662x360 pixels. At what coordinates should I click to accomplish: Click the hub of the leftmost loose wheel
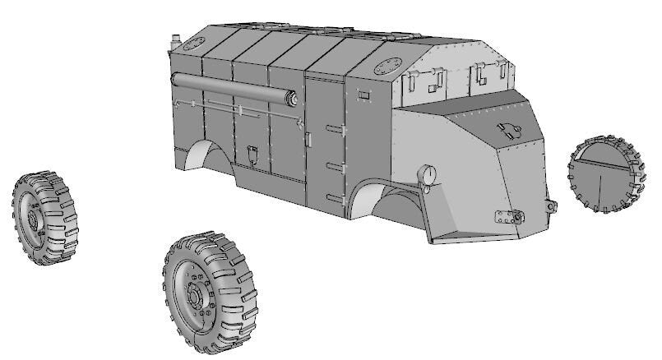(35, 219)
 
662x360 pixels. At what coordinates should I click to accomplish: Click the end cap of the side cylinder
(290, 99)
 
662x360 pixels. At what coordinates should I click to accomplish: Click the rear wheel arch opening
(206, 155)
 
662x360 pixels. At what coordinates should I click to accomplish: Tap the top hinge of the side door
(333, 129)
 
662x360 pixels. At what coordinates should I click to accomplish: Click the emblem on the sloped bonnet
(507, 127)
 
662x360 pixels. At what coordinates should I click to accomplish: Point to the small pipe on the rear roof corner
(174, 39)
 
